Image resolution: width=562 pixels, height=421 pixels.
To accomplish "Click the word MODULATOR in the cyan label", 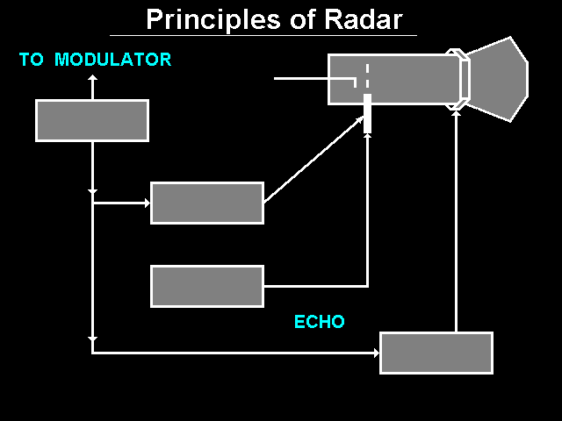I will [x=113, y=60].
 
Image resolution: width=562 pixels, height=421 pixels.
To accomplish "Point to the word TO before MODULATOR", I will [x=32, y=60].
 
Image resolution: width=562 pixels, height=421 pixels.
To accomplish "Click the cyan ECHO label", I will [x=319, y=322].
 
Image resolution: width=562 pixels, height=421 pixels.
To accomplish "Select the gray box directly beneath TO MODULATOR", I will [x=92, y=120].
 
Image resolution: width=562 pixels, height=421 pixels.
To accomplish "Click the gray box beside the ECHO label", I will [x=436, y=353].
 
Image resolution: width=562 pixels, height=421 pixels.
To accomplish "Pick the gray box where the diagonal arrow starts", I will [x=207, y=203].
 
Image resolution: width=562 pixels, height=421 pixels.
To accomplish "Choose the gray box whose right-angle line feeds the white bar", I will [x=207, y=286].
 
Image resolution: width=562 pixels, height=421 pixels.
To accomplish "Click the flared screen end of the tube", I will [x=497, y=79].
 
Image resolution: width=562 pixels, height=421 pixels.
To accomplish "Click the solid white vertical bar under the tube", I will [x=367, y=113].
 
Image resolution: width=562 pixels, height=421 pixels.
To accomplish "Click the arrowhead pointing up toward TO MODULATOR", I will [x=92, y=79].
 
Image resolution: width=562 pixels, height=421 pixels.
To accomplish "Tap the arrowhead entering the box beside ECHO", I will [x=375, y=353].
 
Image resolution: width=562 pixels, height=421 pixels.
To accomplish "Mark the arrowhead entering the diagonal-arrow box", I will [x=146, y=203].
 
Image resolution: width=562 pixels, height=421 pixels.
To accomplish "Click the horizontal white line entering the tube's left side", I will [x=313, y=78].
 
